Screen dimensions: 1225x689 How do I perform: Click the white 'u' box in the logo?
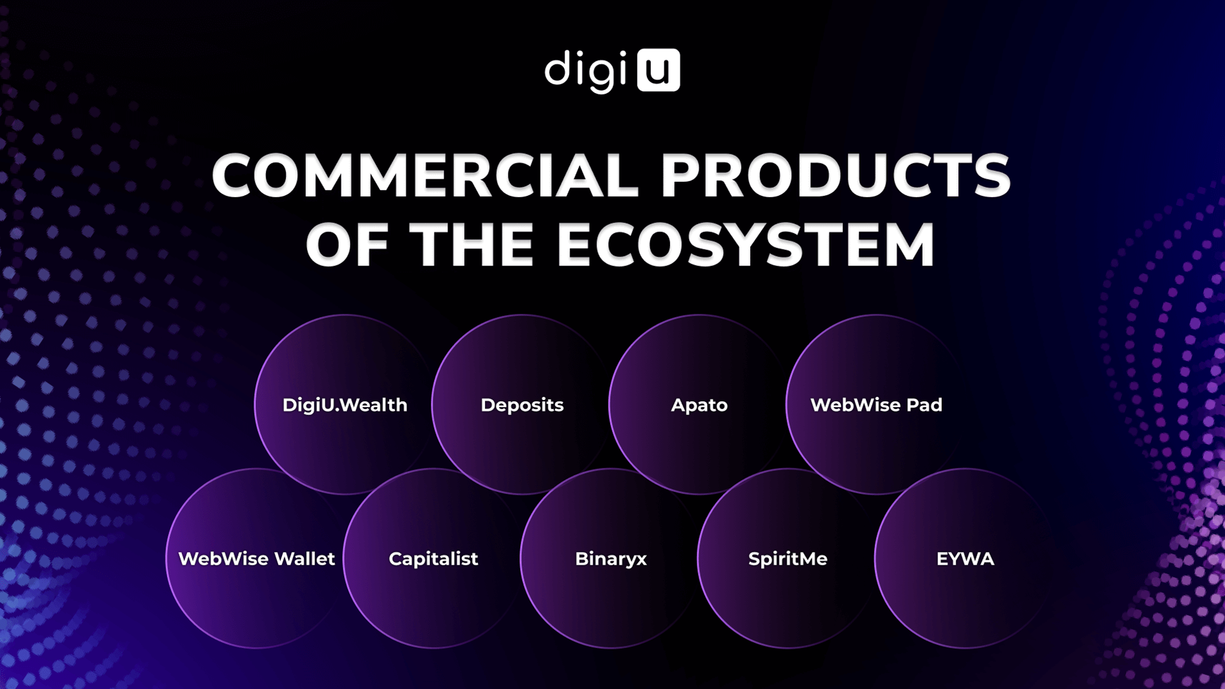[x=658, y=70]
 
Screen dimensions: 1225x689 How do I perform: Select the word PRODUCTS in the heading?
[x=836, y=175]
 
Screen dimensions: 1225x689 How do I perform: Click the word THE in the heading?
[x=471, y=244]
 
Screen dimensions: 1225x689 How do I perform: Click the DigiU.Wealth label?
[x=345, y=405]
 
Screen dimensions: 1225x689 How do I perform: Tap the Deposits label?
[x=522, y=406]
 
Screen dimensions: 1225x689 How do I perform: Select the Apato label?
[x=699, y=406]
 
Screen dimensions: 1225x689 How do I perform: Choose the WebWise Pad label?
[x=876, y=405]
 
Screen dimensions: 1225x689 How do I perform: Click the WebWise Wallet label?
[x=256, y=559]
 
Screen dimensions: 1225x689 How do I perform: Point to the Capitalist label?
[x=433, y=559]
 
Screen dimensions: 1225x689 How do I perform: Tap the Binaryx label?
[x=611, y=559]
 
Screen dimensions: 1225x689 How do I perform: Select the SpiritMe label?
[x=788, y=559]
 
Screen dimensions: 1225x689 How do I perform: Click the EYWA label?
[x=965, y=559]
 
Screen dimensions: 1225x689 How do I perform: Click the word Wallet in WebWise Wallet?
[x=305, y=559]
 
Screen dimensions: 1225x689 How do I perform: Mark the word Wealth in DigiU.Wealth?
[x=375, y=405]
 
